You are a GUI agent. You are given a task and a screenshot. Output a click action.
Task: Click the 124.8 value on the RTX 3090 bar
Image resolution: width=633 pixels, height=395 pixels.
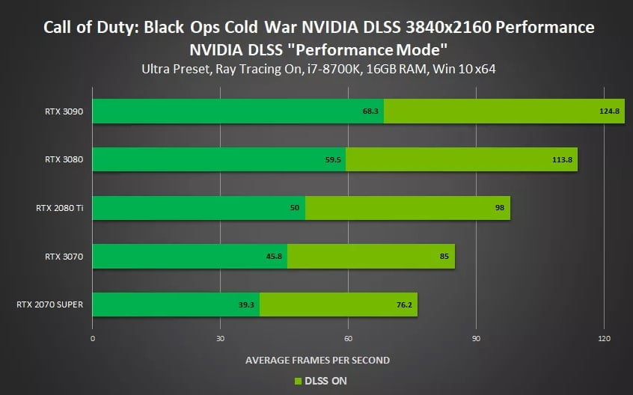coord(610,111)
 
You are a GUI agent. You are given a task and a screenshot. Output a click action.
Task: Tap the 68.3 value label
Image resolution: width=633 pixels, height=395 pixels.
coord(372,111)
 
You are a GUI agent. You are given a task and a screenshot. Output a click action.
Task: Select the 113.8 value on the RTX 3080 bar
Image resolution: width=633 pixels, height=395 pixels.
coord(563,159)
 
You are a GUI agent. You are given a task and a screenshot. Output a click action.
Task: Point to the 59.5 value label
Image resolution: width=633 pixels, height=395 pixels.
coord(334,159)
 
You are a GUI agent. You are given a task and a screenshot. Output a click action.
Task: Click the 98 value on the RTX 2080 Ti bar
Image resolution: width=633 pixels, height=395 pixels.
coord(499,207)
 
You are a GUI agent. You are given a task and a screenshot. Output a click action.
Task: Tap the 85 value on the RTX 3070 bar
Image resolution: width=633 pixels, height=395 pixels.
coord(444,256)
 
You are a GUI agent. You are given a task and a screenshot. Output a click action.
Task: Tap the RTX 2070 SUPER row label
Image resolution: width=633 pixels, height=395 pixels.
coord(49,304)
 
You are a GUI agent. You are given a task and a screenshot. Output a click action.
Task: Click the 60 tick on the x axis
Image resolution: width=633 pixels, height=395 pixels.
coord(348,338)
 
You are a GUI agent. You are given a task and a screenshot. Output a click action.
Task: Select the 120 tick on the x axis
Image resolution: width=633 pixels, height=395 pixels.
coord(603,338)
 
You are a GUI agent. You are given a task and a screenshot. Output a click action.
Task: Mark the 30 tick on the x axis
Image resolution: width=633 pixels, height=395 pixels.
coord(220,338)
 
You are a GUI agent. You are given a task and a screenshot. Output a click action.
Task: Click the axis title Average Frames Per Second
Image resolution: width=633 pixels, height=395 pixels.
coord(317,360)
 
